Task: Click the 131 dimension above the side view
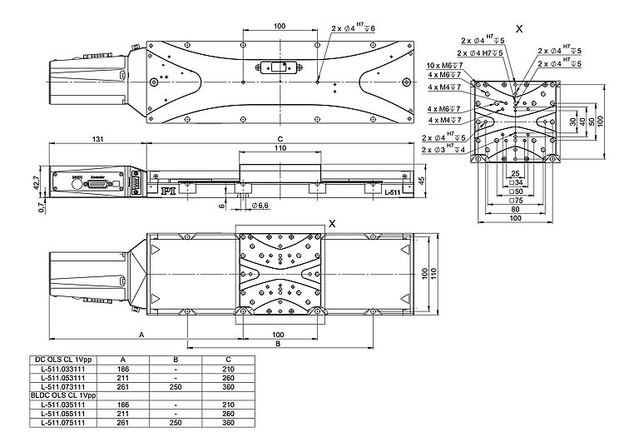(x=97, y=139)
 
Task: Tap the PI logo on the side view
(x=170, y=190)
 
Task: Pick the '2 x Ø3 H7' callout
(x=443, y=149)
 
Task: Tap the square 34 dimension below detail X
(x=515, y=181)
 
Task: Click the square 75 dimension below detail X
(x=515, y=201)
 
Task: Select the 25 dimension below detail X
(x=515, y=173)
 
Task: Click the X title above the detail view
(x=519, y=28)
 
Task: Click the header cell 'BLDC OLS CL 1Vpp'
(x=62, y=394)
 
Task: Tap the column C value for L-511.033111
(x=229, y=367)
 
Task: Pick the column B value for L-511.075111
(x=176, y=422)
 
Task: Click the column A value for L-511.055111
(x=123, y=413)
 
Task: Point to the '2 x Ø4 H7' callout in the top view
(x=353, y=28)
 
